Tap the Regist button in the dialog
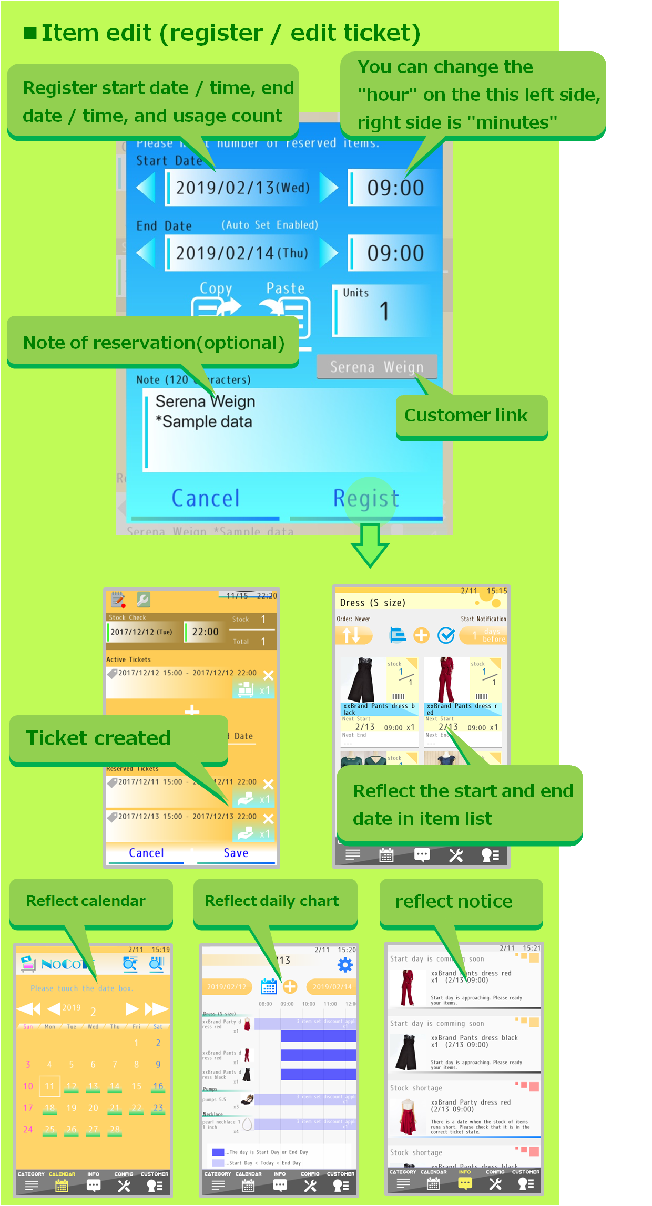pos(366,499)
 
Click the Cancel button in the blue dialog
pos(206,499)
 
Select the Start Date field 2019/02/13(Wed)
pos(243,188)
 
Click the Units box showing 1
pos(384,311)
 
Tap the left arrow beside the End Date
pos(146,253)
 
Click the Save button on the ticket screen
pos(236,853)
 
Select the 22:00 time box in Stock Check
pos(205,632)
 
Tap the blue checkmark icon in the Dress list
pos(446,636)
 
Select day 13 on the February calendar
pos(93,1086)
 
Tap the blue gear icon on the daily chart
pos(345,965)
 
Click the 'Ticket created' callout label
pos(99,738)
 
